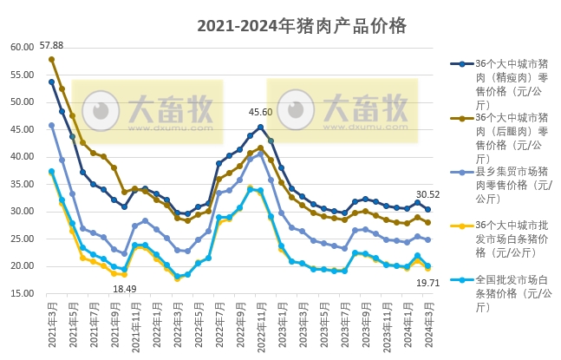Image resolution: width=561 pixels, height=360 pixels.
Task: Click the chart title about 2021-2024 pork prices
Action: pyautogui.click(x=301, y=25)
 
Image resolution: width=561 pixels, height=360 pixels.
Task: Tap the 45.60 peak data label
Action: pyautogui.click(x=260, y=112)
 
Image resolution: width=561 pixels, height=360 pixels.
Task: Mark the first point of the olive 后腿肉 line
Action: pyautogui.click(x=51, y=59)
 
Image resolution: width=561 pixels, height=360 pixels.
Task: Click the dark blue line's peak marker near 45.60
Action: pyautogui.click(x=260, y=127)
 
